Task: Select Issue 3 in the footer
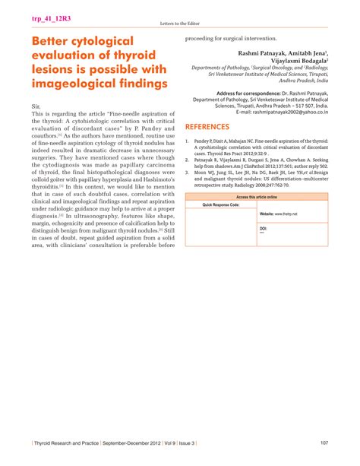pyautogui.click(x=195, y=444)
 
